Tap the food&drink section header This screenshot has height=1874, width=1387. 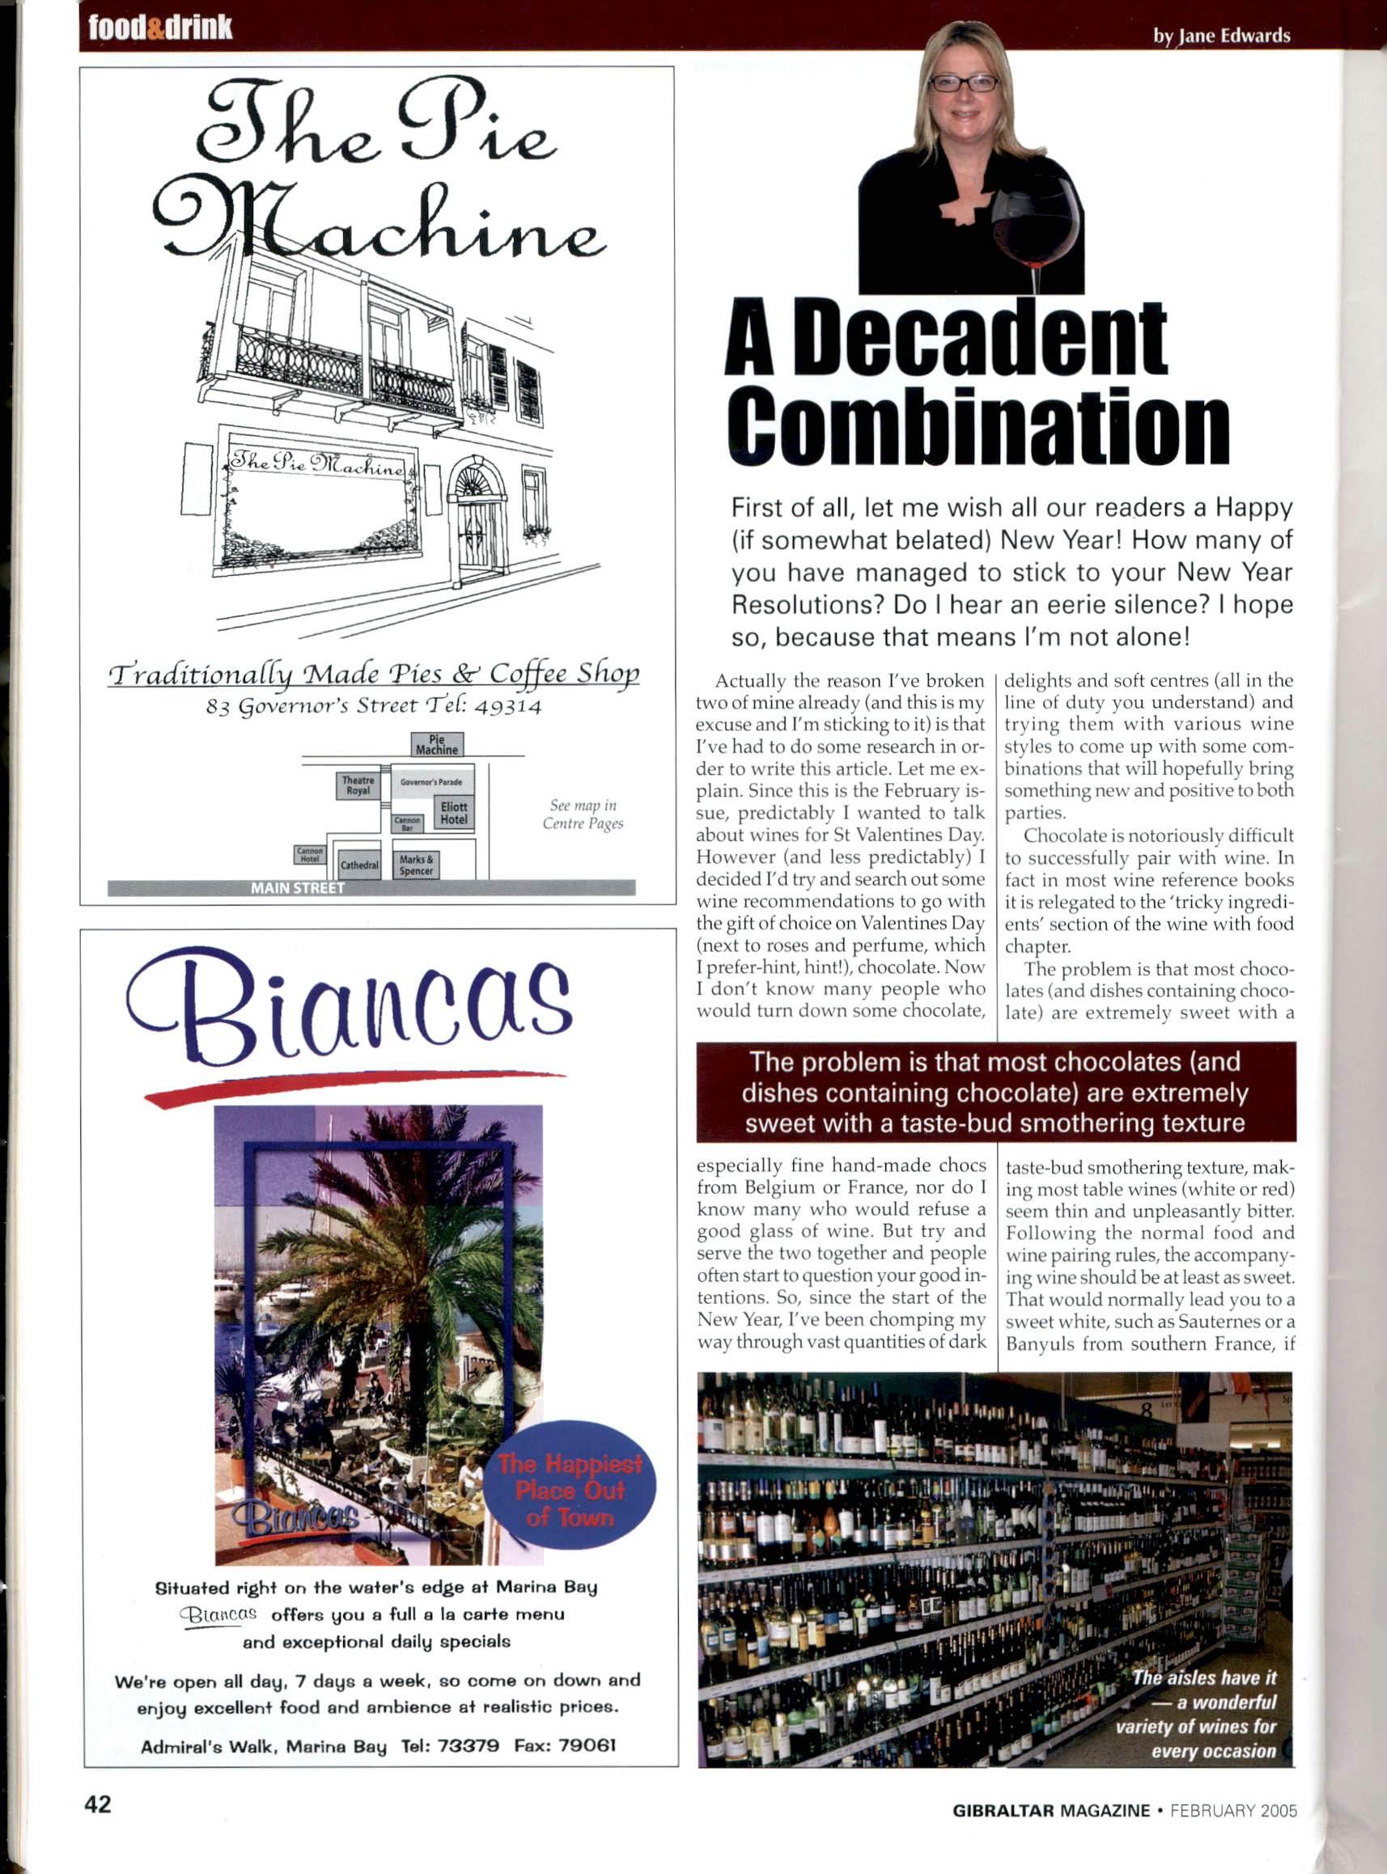click(160, 27)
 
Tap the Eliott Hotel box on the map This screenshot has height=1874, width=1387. click(453, 812)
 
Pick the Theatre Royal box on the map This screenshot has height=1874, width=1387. click(358, 785)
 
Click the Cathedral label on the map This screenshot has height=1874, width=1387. click(359, 865)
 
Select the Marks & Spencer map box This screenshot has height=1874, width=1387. click(417, 865)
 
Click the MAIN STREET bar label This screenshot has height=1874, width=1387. click(298, 888)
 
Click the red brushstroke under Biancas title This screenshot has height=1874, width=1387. click(354, 1085)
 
